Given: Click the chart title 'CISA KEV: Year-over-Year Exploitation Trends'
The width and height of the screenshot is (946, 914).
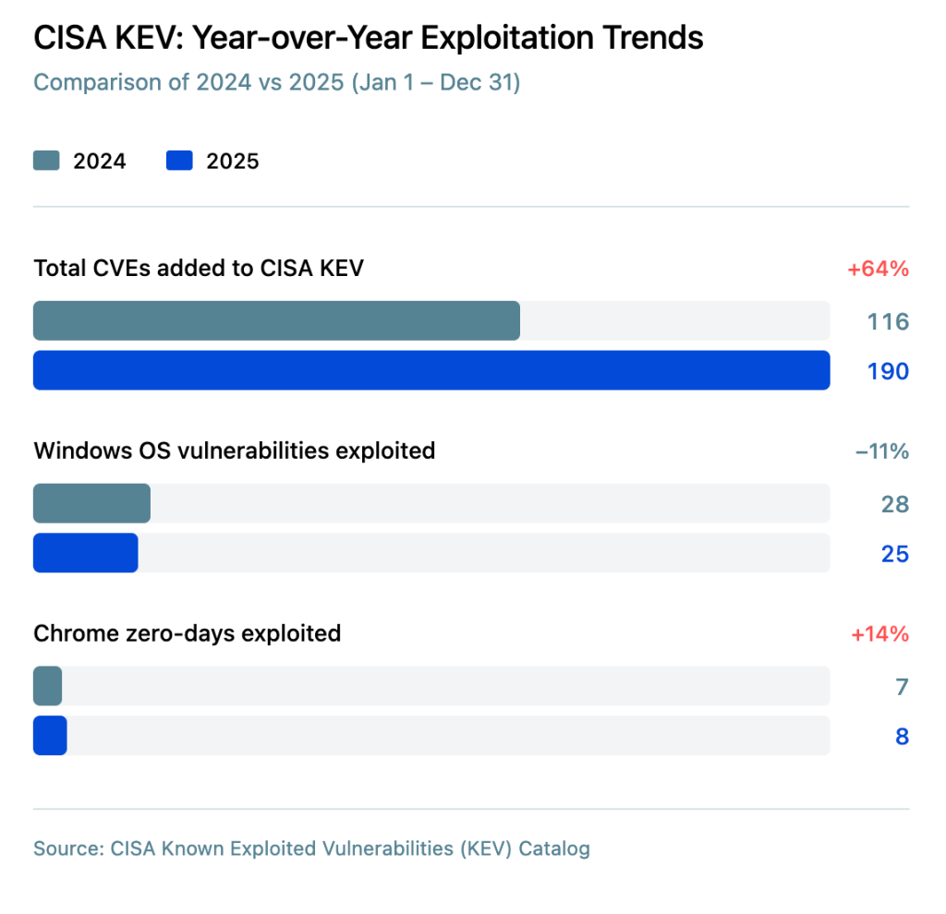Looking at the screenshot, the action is coord(368,38).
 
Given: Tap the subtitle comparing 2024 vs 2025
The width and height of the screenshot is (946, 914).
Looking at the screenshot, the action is coord(277,82).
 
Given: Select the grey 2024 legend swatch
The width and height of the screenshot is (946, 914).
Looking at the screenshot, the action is coord(46,161).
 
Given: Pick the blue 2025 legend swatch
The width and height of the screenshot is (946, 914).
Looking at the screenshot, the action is coord(179,161).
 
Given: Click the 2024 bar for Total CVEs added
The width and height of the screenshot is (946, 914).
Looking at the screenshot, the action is coord(276,320).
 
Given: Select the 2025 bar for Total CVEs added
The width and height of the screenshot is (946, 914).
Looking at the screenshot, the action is coord(431,370).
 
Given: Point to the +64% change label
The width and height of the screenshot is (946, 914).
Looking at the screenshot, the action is coord(878,269).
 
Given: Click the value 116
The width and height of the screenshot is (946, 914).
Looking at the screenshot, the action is coord(888,322).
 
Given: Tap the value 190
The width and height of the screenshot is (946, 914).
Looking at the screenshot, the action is coord(888,371).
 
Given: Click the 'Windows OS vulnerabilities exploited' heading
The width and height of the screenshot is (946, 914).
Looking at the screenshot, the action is coord(234,451).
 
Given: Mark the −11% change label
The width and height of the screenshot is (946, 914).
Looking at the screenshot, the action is coord(882,451).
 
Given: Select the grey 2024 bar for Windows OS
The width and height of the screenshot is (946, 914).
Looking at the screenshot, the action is coord(91,503).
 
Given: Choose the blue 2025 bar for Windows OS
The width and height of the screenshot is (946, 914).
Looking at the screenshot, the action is coord(86,553).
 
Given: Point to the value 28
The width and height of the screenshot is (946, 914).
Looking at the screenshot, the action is coord(894,505).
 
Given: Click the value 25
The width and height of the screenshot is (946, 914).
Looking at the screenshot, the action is coord(894,554).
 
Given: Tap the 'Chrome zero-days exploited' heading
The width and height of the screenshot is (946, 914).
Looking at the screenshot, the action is coord(187,633).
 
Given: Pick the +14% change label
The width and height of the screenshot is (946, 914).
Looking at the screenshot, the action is coord(879,634).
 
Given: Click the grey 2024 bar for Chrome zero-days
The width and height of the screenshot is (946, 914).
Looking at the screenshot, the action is coord(48,686).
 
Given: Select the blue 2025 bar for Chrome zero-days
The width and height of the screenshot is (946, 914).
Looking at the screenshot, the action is coord(50,736).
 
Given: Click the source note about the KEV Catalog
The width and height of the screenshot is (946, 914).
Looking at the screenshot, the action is coord(312,848).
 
